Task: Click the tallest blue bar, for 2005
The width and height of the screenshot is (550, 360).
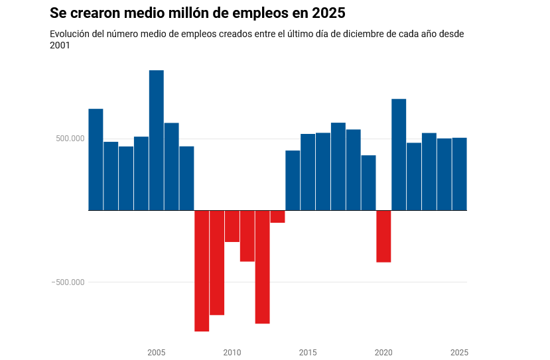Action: [x=156, y=140]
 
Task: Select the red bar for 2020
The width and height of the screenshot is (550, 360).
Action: [x=383, y=236]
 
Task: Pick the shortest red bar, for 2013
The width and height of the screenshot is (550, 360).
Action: [x=277, y=217]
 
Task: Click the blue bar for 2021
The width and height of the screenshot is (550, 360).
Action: [x=399, y=154]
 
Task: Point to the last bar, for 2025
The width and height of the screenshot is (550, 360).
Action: [x=460, y=174]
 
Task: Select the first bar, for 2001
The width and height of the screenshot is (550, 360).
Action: [x=96, y=159]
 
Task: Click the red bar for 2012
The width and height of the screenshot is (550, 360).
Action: [x=262, y=267]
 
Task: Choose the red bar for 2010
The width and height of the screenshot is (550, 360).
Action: [x=232, y=226]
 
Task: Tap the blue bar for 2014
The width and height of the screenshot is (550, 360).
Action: [x=293, y=180]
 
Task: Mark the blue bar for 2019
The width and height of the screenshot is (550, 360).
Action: [x=368, y=182]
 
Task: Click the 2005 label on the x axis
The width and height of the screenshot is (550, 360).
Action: [x=156, y=353]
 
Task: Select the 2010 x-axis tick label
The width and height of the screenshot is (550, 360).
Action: [x=232, y=353]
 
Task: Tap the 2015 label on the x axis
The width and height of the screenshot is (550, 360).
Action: [x=308, y=353]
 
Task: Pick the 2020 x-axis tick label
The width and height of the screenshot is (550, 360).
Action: [x=383, y=353]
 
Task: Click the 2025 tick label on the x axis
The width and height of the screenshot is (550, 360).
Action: [x=459, y=353]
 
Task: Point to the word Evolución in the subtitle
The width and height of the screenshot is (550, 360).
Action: [x=70, y=34]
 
